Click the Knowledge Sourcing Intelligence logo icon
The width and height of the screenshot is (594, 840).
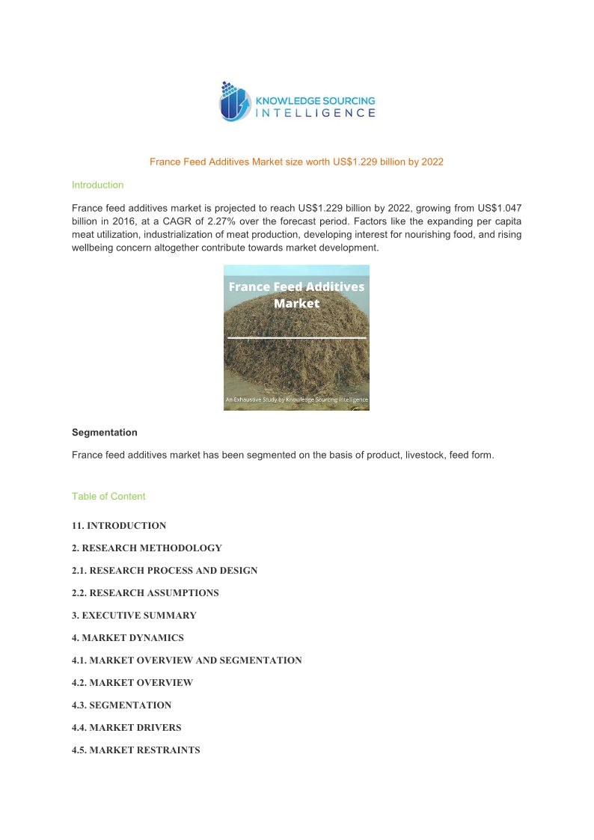(235, 102)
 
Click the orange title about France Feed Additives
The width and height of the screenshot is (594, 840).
(296, 162)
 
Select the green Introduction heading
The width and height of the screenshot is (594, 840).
(97, 185)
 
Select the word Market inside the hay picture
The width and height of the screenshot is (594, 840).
(296, 304)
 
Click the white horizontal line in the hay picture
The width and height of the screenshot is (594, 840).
(296, 338)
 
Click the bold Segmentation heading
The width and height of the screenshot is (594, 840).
(105, 432)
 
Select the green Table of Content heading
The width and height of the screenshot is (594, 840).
(108, 497)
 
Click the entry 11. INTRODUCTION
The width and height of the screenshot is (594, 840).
(119, 526)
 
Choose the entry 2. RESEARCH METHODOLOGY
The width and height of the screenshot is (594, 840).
(147, 548)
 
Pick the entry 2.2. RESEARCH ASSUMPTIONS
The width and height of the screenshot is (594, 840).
(145, 593)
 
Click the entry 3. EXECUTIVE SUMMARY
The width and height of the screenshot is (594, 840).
(134, 616)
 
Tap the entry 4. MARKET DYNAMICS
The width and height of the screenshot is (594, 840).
(128, 638)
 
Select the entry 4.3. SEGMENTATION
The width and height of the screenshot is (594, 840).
(121, 705)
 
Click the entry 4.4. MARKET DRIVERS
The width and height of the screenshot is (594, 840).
(126, 728)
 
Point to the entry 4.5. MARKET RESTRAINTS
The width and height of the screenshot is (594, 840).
(135, 750)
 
